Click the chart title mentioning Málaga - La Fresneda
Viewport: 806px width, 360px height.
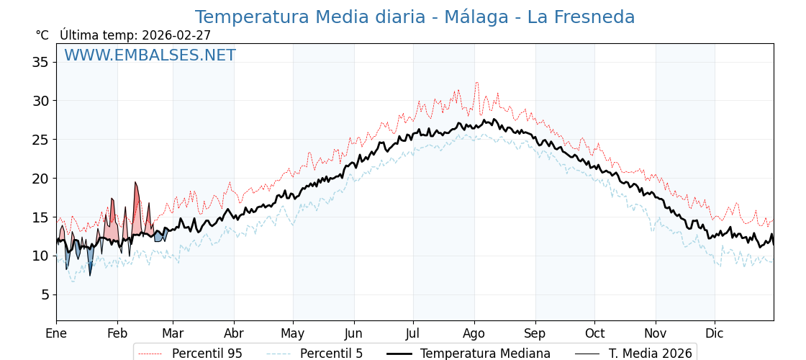point(415,17)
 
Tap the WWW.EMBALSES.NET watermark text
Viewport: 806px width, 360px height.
point(150,55)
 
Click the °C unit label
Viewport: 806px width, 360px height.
point(42,35)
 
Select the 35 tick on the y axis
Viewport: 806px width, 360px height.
point(40,62)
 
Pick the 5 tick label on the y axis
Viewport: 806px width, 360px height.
point(45,294)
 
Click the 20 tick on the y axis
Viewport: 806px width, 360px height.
point(40,178)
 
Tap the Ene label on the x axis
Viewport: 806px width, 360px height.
point(56,333)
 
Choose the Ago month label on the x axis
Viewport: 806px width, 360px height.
point(474,333)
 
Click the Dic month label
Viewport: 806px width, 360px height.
point(715,333)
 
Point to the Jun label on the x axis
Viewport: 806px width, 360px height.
point(353,333)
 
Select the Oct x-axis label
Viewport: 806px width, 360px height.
point(594,333)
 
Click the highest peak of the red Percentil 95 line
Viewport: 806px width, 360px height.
point(476,83)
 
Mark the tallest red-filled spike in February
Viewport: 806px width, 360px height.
point(135,183)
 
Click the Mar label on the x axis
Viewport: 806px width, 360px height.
point(173,333)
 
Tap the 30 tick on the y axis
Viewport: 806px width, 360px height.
point(40,101)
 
